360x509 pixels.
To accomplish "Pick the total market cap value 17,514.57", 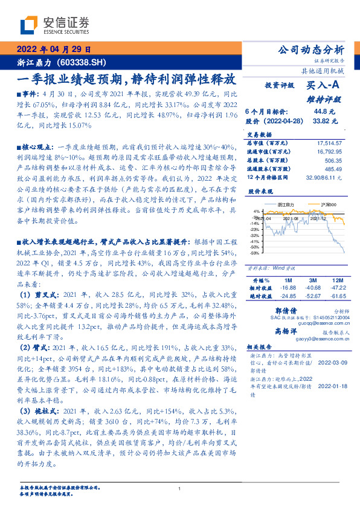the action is point(329,142).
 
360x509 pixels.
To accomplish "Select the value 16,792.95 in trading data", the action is point(329,151).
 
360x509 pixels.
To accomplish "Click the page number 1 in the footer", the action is point(180,489).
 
